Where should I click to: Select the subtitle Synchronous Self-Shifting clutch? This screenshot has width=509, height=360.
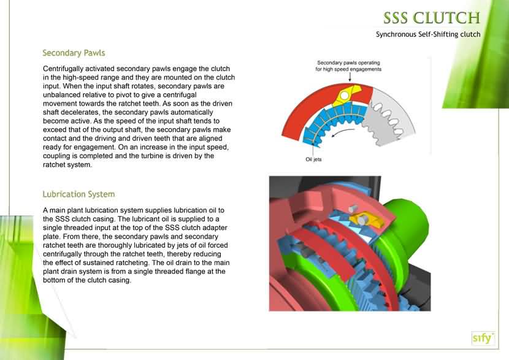pyautogui.click(x=427, y=34)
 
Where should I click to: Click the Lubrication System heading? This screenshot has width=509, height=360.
pyautogui.click(x=78, y=194)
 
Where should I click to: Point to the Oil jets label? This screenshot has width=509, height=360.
pyautogui.click(x=313, y=159)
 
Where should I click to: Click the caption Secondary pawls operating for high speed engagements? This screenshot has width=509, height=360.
pyautogui.click(x=349, y=66)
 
